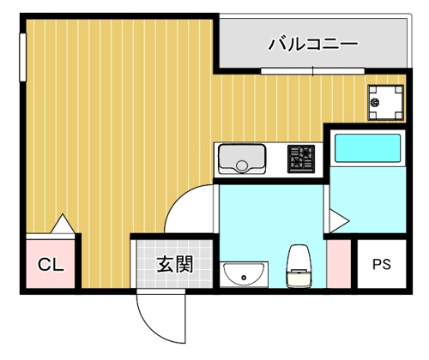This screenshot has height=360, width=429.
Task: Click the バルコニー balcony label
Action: pos(312,45)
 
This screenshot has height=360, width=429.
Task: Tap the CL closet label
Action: pos(51,265)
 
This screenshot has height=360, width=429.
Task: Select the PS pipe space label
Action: pos(382,264)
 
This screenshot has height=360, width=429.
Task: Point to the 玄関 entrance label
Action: pos(175,264)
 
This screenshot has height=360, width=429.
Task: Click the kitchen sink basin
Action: pos(242,159)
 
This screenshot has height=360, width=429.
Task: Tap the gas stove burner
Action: pos(301,159)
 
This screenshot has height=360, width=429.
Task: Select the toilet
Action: pos(299,266)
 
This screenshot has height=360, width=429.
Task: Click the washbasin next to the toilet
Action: pos(244,274)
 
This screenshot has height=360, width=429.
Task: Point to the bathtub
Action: pos(367,148)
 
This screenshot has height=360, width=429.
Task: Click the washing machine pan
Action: pos(386,102)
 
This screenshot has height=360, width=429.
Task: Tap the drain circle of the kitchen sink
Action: pos(242,165)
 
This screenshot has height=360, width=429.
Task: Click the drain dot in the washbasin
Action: pos(244,277)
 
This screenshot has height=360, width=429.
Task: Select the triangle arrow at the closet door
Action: pos(63,224)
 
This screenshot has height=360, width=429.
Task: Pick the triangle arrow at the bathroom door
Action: pos(339,221)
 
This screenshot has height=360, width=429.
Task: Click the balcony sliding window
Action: pos(313,71)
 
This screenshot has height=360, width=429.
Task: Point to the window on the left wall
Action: pos(23,57)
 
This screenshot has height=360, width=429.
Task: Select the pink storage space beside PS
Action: pos(339,264)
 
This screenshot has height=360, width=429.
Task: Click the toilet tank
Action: pos(299,279)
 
